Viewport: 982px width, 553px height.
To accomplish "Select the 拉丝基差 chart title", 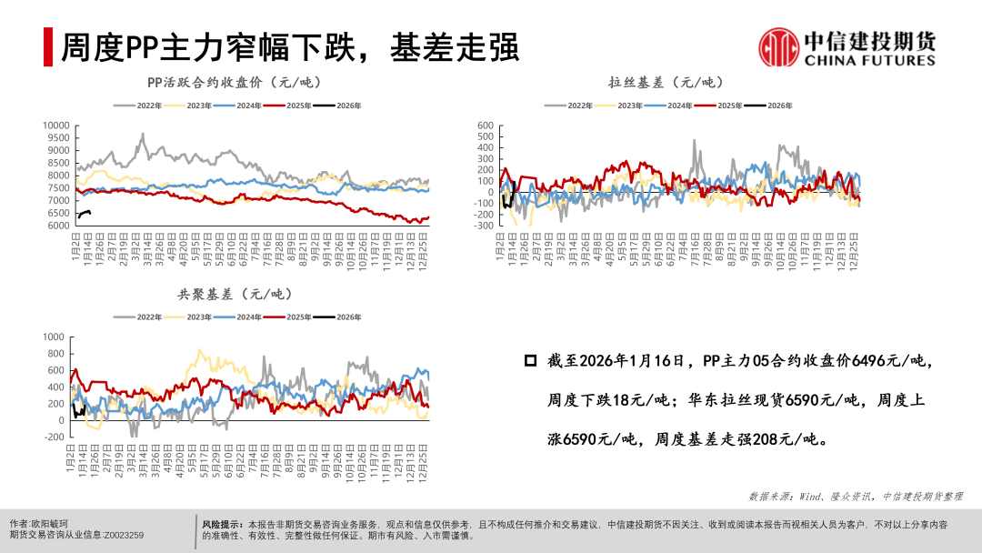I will click(662, 83).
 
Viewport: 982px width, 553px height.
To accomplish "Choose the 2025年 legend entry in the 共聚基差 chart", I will click(290, 317).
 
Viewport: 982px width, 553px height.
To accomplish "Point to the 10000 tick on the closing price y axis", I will click(56, 126).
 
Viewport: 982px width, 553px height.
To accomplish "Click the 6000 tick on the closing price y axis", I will click(58, 226).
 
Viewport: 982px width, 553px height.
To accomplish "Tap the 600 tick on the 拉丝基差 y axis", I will click(486, 126).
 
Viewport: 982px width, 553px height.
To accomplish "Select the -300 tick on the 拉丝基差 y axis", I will click(483, 226).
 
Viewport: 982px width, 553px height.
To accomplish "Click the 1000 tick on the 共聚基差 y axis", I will click(56, 337).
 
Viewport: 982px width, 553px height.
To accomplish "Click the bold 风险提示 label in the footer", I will click(223, 525).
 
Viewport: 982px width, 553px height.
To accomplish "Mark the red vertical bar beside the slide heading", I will click(48, 47).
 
